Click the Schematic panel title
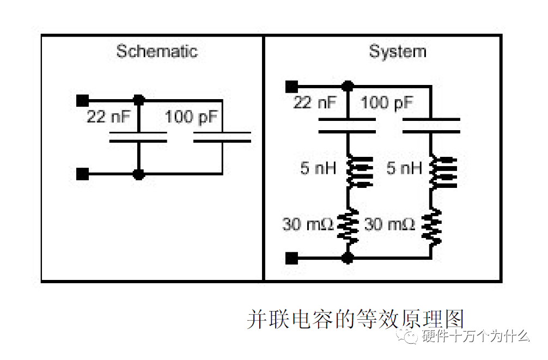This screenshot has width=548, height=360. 157,52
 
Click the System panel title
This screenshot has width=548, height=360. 397,52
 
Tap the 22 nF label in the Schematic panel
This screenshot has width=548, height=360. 108,117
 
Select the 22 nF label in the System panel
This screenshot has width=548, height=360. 315,102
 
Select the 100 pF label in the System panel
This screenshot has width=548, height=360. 387,102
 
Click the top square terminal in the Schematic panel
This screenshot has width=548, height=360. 83,100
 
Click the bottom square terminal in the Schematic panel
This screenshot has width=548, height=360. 83,174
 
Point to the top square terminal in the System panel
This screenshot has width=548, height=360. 291,86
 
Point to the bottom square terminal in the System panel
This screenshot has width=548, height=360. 291,258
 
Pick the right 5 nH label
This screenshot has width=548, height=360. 404,168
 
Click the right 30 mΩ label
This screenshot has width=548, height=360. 389,224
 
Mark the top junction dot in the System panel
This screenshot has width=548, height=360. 347,86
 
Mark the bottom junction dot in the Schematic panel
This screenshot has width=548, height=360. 139,174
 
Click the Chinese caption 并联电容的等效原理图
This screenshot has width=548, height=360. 355,320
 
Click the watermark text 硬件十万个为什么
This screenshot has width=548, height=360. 476,336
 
